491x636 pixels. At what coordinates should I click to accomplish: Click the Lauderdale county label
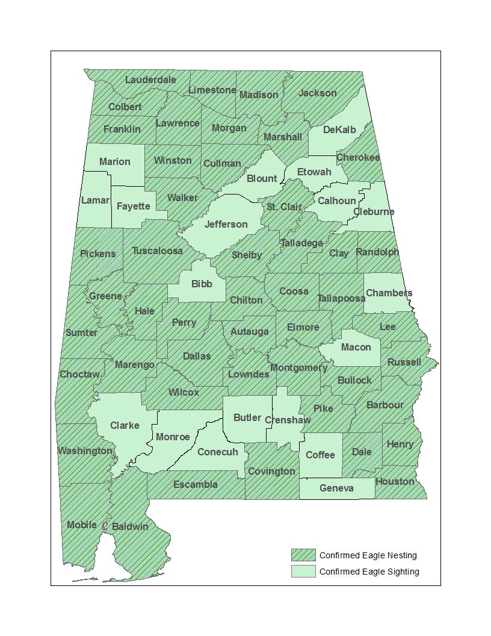click(x=150, y=79)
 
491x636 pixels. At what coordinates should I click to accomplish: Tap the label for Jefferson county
click(x=226, y=225)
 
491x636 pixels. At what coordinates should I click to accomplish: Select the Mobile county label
click(x=82, y=525)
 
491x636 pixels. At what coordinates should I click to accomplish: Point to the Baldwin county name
click(x=130, y=526)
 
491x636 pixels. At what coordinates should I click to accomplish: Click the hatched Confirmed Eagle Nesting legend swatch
click(x=303, y=555)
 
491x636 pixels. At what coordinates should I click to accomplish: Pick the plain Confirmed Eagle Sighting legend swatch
click(x=303, y=572)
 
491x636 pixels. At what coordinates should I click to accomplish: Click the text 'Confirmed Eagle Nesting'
click(x=368, y=555)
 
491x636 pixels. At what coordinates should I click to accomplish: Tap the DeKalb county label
click(x=339, y=129)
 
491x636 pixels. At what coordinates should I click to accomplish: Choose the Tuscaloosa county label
click(x=157, y=251)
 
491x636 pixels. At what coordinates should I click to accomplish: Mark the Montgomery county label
click(x=298, y=367)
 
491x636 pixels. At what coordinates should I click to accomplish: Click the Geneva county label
click(x=336, y=488)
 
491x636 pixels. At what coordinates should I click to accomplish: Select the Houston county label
click(x=395, y=481)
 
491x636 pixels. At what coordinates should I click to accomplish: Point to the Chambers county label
click(x=389, y=293)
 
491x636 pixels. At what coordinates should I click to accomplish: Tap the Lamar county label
click(x=95, y=200)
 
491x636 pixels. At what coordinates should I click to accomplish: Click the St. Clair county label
click(x=284, y=207)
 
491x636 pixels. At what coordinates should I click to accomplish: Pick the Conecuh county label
click(x=218, y=452)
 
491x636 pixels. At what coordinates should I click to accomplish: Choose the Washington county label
click(x=85, y=450)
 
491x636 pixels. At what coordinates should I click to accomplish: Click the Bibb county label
click(x=202, y=284)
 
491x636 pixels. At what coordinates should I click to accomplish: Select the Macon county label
click(x=356, y=347)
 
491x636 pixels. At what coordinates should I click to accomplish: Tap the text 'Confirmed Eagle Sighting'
click(x=369, y=572)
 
